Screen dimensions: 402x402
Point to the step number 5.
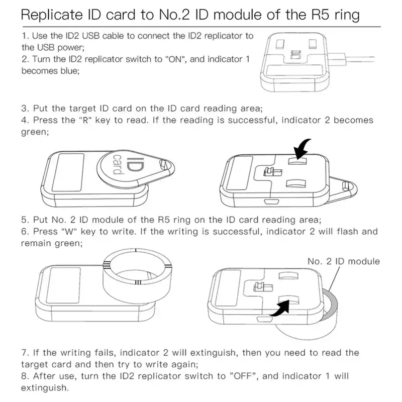tap(24, 220)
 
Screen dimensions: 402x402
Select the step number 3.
tap(24, 109)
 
